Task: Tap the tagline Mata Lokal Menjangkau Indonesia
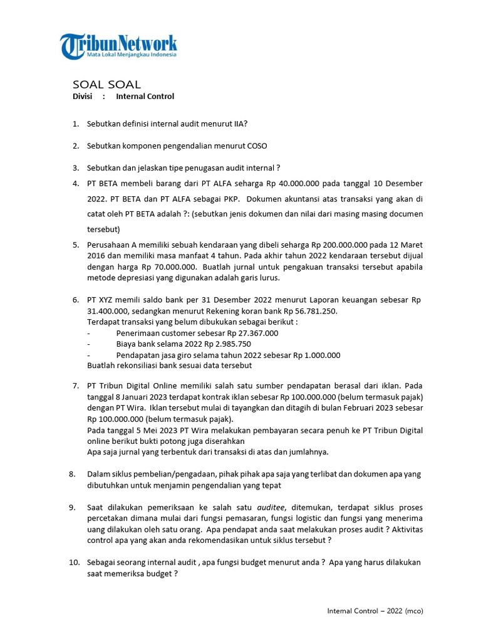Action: pos(132,55)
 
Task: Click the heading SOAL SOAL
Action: pos(107,84)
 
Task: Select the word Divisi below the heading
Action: pos(83,97)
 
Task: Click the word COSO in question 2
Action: pos(257,146)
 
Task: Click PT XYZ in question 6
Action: pos(101,300)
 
